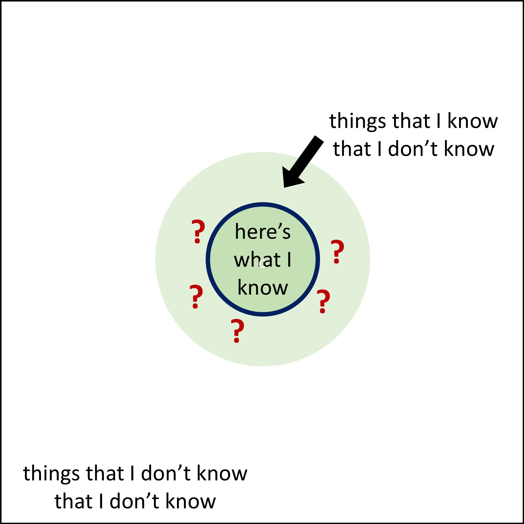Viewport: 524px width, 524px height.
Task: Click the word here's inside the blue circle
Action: pyautogui.click(x=262, y=232)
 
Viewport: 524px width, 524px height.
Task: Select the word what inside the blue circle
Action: pyautogui.click(x=257, y=260)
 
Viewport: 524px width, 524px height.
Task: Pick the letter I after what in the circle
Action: pyautogui.click(x=289, y=260)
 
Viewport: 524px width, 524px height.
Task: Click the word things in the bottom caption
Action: pyautogui.click(x=51, y=473)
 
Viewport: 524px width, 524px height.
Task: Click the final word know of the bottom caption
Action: pyautogui.click(x=191, y=501)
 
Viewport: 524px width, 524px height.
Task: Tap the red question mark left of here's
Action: pyautogui.click(x=198, y=231)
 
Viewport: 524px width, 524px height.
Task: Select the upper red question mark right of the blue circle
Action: pyautogui.click(x=337, y=252)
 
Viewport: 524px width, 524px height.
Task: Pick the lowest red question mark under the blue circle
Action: pyautogui.click(x=237, y=331)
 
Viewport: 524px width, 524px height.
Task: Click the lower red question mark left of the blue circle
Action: pyautogui.click(x=196, y=296)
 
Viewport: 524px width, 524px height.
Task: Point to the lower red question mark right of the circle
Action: pyautogui.click(x=323, y=301)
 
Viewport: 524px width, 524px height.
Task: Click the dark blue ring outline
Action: pyautogui.click(x=262, y=204)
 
